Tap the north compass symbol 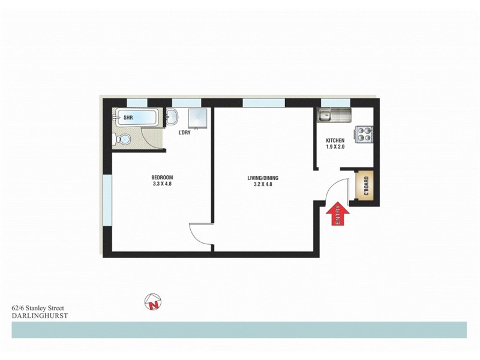(153, 304)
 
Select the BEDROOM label (162, 177)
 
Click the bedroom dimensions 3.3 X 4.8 (162, 184)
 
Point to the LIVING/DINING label (263, 178)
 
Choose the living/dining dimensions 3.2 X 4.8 (263, 185)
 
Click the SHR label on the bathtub (128, 118)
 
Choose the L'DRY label (184, 133)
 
